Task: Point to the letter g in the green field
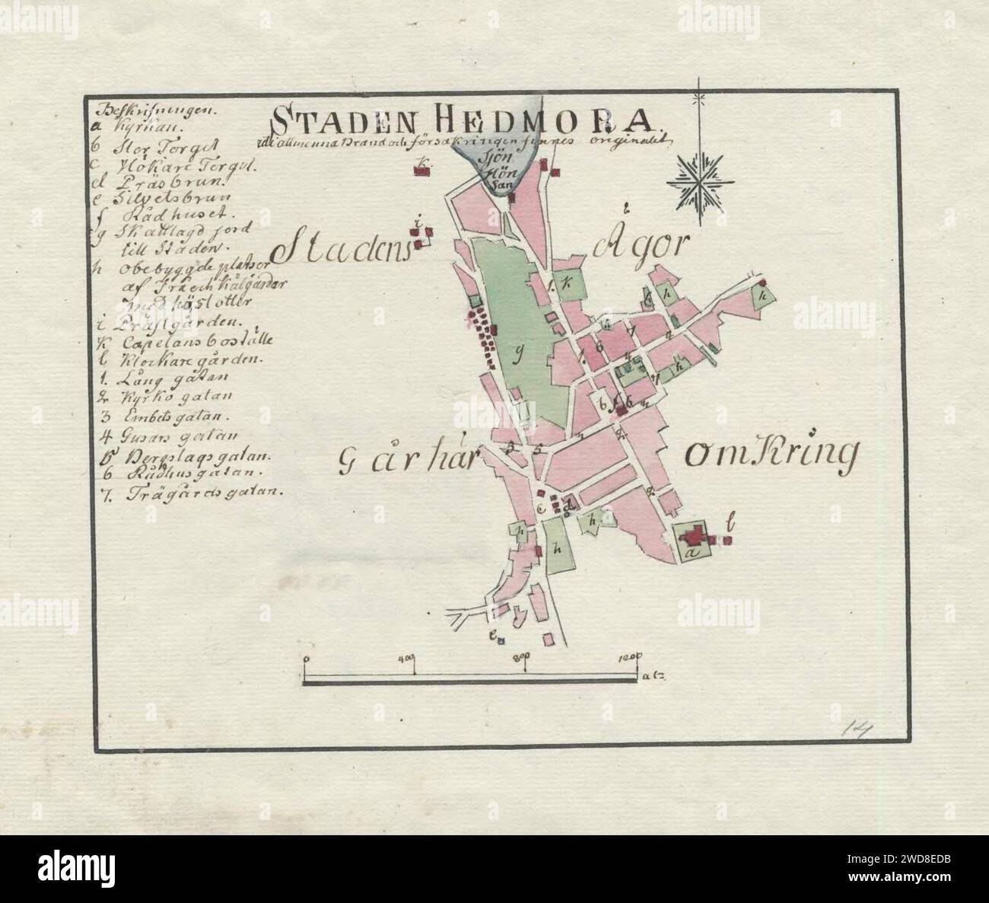(x=520, y=353)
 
